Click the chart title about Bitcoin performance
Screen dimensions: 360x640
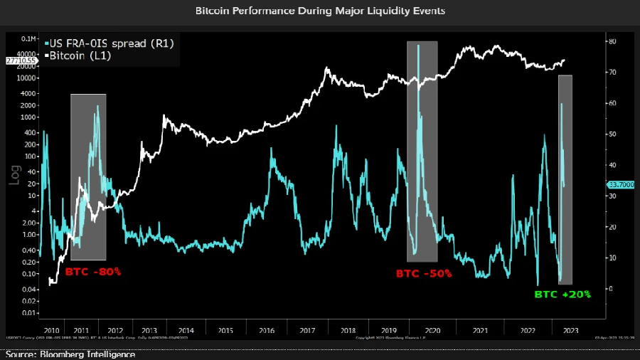click(x=320, y=11)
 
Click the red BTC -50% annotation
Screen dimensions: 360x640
click(x=423, y=273)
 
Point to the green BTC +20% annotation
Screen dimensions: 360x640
click(x=562, y=294)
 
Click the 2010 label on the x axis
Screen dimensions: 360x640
click(x=51, y=330)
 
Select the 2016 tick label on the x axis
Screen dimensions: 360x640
click(x=267, y=330)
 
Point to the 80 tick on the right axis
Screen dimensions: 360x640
click(x=612, y=42)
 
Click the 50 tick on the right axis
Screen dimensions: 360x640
click(x=612, y=134)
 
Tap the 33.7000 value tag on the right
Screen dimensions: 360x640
click(x=619, y=185)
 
